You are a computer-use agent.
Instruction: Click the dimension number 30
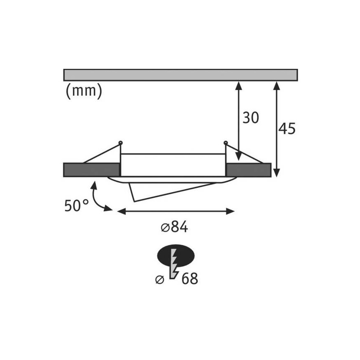pos(251,118)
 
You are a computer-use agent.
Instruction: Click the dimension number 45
pos(287,129)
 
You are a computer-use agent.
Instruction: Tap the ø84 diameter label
pos(175,227)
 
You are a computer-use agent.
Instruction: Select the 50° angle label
pos(76,205)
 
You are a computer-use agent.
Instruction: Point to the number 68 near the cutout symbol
pos(190,279)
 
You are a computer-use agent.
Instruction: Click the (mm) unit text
pos(84,91)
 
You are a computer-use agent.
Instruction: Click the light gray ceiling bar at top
pos(180,75)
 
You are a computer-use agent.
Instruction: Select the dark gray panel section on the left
pos(92,170)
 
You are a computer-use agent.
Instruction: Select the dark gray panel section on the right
pos(248,170)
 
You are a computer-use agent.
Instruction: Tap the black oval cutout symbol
pos(176,255)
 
